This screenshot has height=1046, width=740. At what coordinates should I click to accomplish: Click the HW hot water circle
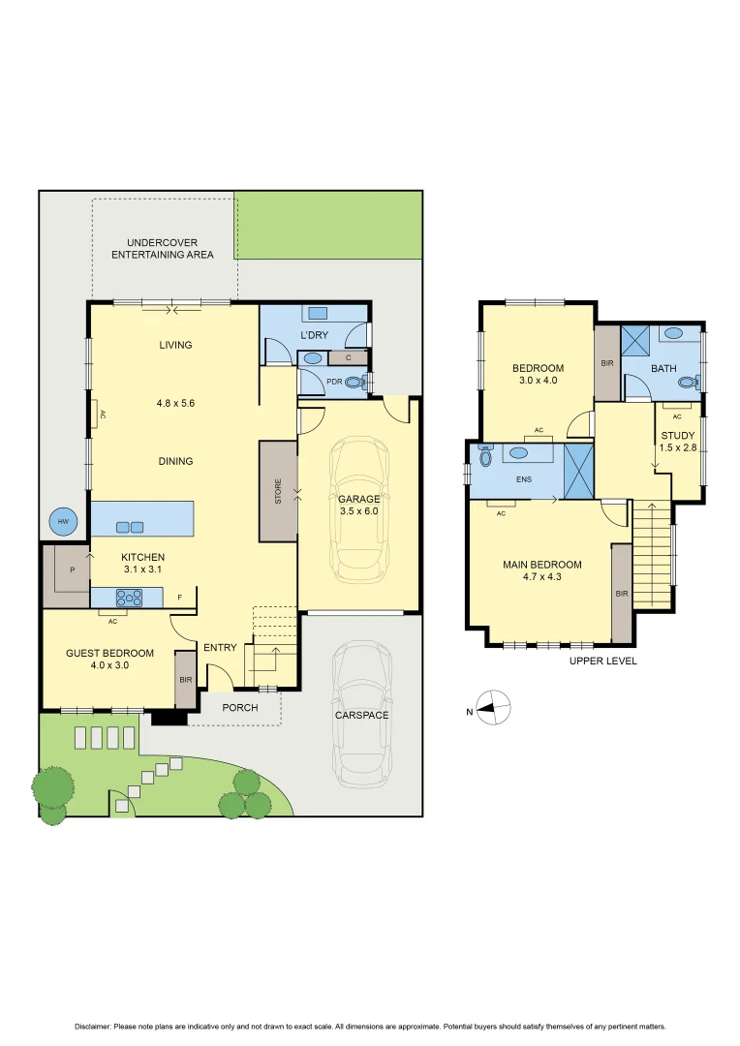point(64,522)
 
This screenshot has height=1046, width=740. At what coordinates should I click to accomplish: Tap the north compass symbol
point(493,711)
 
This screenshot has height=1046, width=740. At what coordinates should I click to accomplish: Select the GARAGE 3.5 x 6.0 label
point(358,505)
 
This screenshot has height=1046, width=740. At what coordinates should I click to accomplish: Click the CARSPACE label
point(361,715)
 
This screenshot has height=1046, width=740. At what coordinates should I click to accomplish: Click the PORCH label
point(240,707)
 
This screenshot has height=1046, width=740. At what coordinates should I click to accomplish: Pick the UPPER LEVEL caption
point(603,661)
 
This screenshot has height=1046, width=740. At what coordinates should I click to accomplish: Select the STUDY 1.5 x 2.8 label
point(677,442)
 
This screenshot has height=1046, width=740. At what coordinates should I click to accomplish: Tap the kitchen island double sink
point(130,527)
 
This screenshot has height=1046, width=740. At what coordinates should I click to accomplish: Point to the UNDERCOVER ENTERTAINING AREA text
point(162,248)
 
